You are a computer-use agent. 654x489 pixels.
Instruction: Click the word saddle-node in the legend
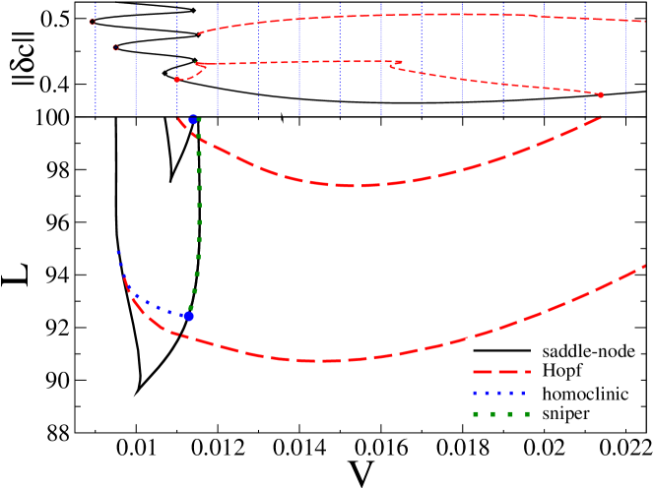pos(589,350)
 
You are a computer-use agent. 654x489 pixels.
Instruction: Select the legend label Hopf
pos(561,371)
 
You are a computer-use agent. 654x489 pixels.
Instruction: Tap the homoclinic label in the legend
pos(585,394)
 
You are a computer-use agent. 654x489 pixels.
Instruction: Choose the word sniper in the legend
pos(565,414)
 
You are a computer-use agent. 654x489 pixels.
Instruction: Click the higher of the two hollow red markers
pos(93,22)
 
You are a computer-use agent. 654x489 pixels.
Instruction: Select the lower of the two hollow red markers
pos(115,47)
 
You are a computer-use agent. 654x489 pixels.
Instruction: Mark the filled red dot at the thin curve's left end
pos(176,80)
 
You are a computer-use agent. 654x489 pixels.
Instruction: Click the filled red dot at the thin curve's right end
pos(601,94)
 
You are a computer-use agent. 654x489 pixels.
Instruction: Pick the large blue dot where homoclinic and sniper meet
pos(189,316)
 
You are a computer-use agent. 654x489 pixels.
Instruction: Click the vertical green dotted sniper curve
pos(199,216)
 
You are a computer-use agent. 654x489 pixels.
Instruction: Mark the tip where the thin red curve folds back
pos(401,64)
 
